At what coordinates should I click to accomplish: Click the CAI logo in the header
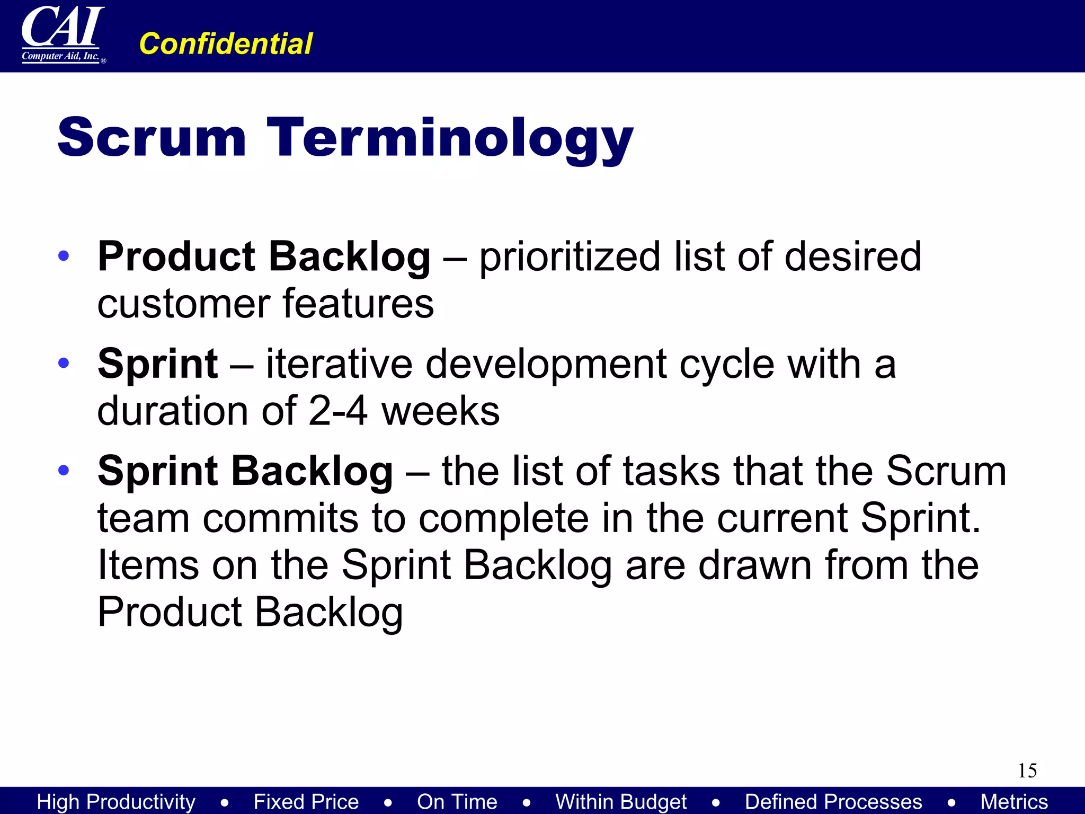[63, 34]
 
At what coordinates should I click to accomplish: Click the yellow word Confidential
[226, 43]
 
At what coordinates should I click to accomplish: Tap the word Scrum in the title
[152, 137]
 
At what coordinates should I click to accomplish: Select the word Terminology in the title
[450, 139]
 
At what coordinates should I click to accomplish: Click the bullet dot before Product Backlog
[64, 256]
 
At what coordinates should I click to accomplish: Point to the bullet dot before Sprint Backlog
[64, 470]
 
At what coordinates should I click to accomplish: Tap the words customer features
[265, 304]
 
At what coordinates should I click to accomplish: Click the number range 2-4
[337, 411]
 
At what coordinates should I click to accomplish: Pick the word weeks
[440, 411]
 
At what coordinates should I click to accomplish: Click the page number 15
[1027, 771]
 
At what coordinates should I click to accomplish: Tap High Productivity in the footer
[116, 801]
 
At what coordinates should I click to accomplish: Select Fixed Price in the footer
[306, 801]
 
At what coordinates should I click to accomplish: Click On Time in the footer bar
[457, 801]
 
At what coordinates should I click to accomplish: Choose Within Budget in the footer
[621, 801]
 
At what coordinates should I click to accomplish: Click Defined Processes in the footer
[833, 801]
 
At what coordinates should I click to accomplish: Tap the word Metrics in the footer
[1014, 801]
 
